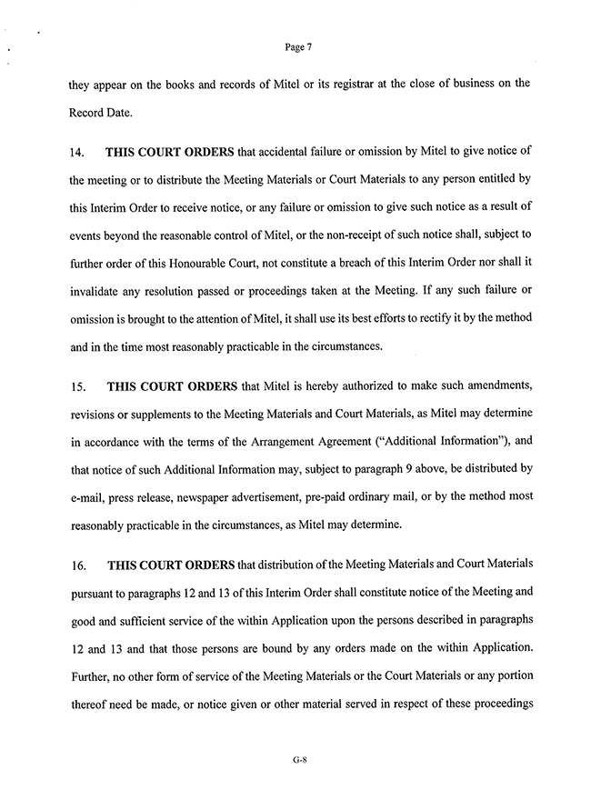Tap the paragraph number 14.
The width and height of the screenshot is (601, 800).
click(76, 150)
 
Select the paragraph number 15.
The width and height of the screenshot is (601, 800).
click(76, 386)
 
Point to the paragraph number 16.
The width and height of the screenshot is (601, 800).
click(76, 565)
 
